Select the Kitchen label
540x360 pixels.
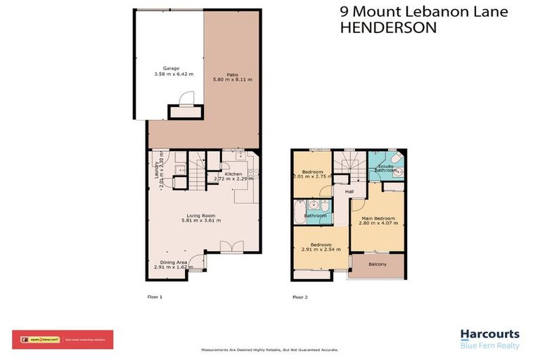point(233,174)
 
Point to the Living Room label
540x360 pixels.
point(201,215)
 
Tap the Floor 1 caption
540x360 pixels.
point(155,297)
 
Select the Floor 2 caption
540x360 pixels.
point(300,297)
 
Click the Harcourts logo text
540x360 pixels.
point(489,335)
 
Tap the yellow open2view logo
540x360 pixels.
point(44,340)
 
